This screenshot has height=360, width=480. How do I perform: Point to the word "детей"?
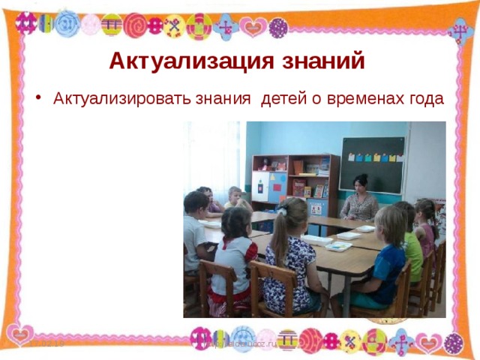point(281,100)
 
